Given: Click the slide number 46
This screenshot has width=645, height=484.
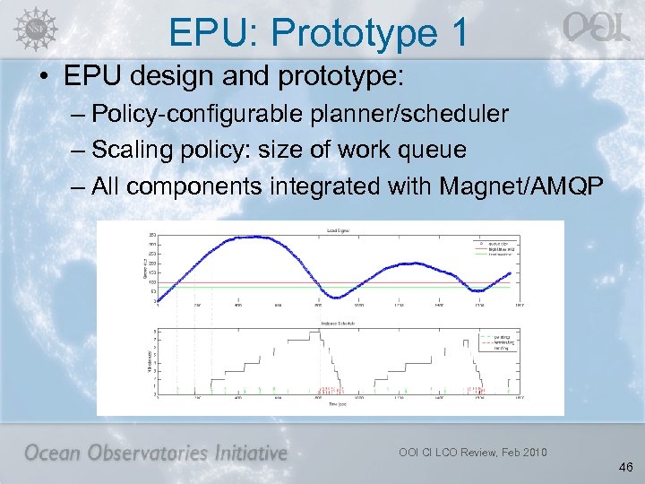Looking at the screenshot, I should [x=625, y=467].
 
